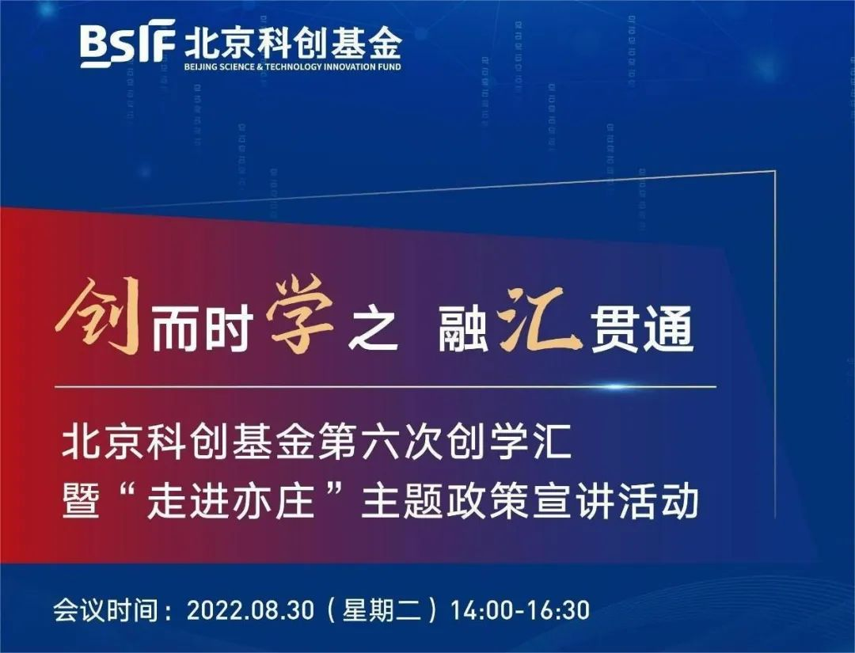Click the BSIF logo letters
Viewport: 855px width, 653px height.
point(127,44)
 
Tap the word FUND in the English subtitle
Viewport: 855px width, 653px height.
point(389,67)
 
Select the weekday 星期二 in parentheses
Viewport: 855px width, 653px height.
point(382,609)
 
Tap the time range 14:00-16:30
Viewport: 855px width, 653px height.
point(519,609)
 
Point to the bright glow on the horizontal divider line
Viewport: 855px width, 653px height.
point(614,387)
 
